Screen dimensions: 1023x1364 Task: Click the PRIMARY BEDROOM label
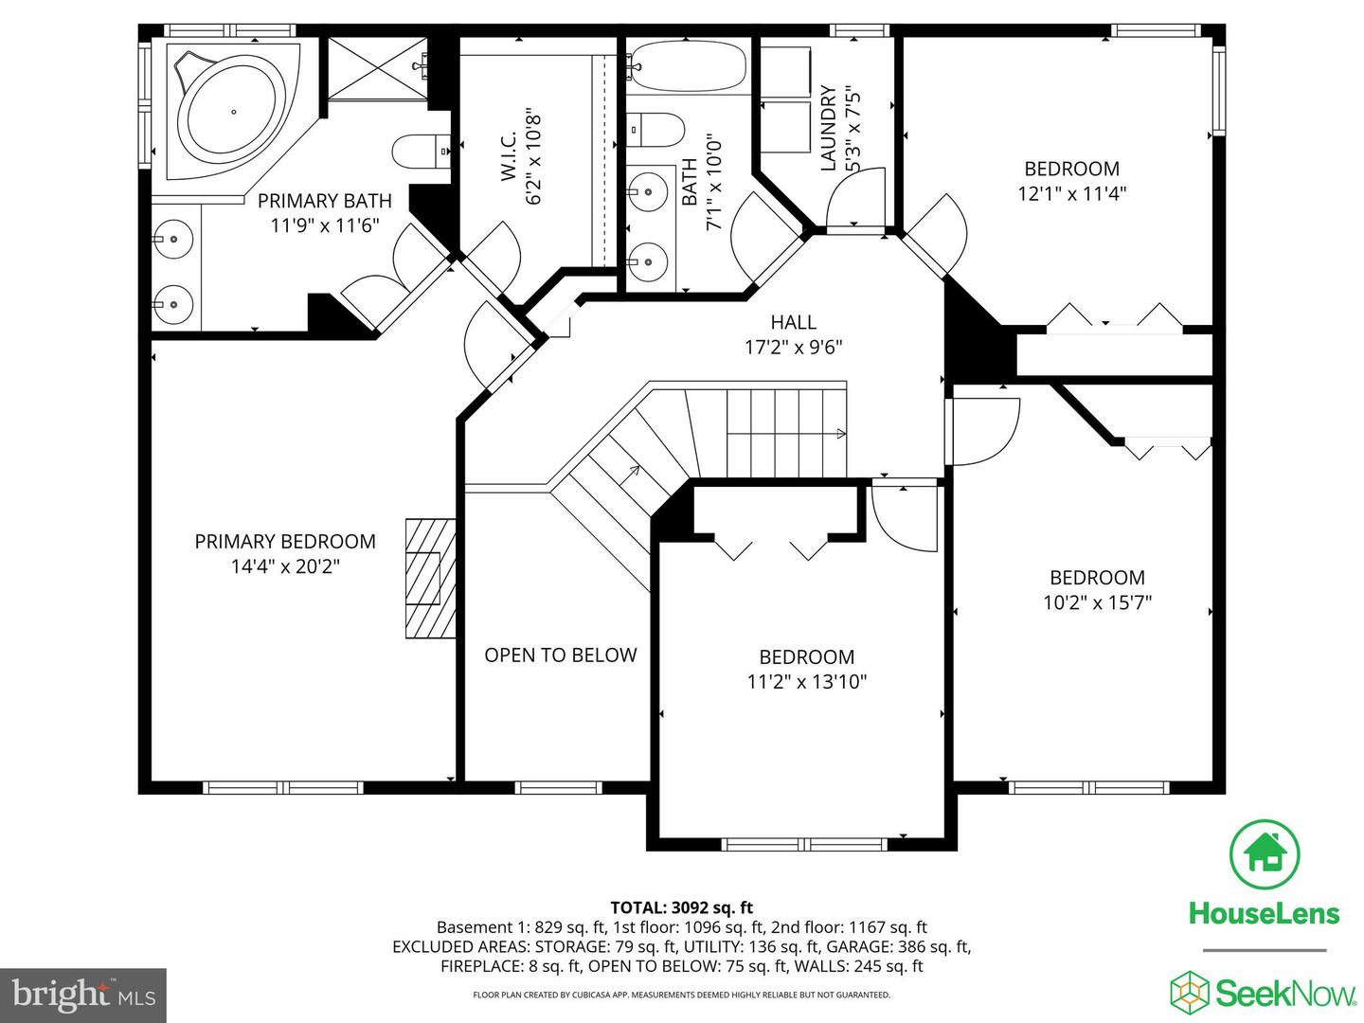click(285, 542)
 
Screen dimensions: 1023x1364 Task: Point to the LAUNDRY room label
click(829, 128)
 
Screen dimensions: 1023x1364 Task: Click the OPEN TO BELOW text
click(560, 655)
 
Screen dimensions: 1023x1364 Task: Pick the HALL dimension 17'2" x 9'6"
click(793, 348)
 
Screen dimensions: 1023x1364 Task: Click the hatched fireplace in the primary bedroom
click(429, 578)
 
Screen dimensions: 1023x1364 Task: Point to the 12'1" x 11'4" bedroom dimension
click(1072, 194)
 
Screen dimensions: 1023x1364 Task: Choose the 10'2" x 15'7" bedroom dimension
click(1097, 602)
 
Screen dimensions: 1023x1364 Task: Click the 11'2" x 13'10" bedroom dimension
click(807, 682)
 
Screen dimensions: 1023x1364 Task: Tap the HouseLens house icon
click(1264, 854)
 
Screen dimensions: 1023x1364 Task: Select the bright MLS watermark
click(83, 995)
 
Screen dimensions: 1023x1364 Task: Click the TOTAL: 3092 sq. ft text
click(681, 907)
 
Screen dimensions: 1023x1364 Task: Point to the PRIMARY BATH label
click(324, 201)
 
